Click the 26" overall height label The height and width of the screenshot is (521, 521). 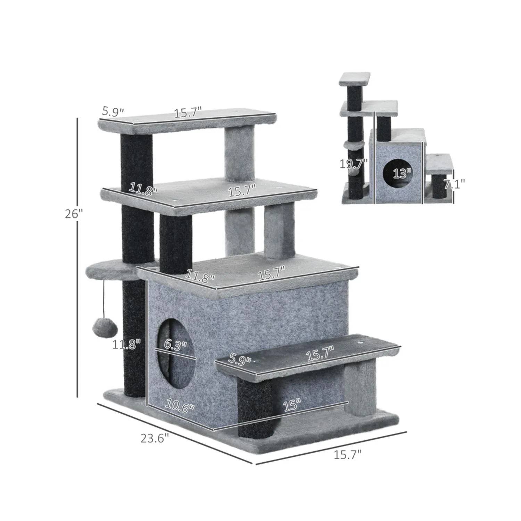[x=74, y=214]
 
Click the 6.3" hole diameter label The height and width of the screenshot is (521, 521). [x=175, y=345]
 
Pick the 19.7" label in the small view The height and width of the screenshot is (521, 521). [x=354, y=163]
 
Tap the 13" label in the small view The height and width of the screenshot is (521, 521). [x=402, y=172]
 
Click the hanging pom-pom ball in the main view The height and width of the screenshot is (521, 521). [x=105, y=328]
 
